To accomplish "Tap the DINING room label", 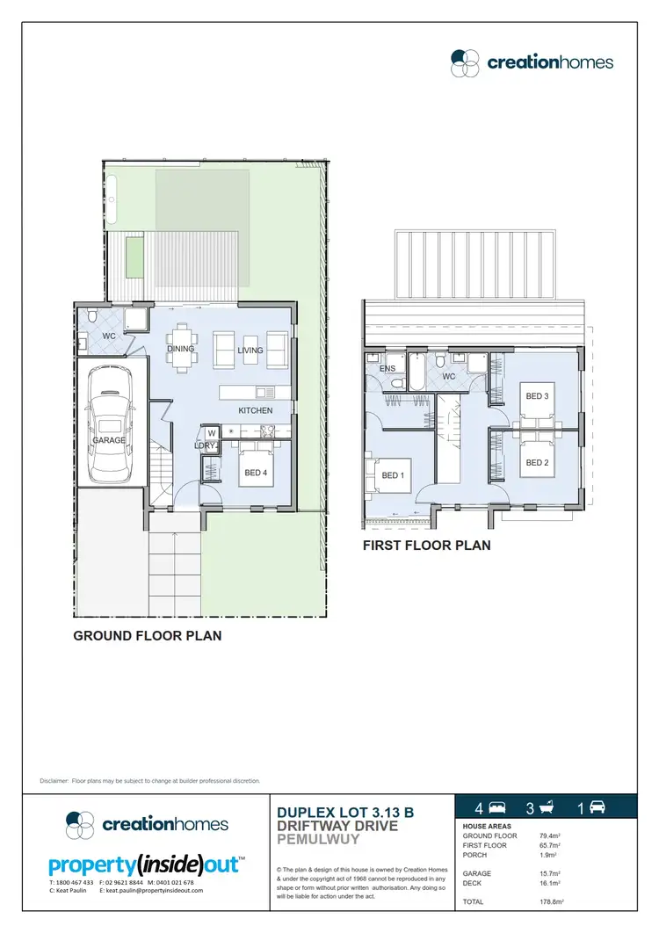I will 180,349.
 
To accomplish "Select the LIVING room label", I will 250,351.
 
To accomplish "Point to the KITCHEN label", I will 256,410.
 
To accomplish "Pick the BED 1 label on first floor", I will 392,475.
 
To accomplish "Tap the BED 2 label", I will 537,463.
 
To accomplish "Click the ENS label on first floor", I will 387,369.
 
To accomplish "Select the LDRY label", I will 206,445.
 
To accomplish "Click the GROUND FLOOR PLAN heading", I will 147,635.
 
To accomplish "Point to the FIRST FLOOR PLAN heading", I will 427,546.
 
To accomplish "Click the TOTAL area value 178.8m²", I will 551,902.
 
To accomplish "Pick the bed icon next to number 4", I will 496,807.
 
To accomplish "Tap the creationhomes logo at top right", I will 532,61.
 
